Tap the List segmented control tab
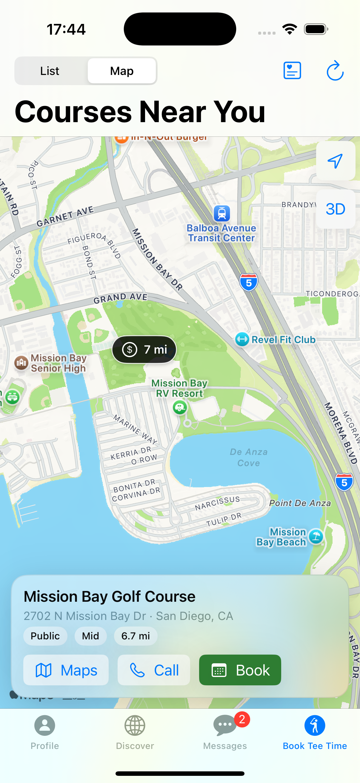(x=50, y=71)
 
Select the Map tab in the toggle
(x=122, y=71)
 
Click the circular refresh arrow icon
(x=335, y=71)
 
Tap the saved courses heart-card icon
(x=292, y=70)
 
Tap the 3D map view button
(x=336, y=209)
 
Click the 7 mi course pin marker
(x=144, y=350)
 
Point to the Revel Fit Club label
(x=283, y=340)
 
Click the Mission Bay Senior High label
(x=58, y=363)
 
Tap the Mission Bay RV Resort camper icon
(x=180, y=407)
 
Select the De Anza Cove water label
(x=248, y=457)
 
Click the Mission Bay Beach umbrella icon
(x=316, y=537)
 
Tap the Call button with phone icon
(x=154, y=670)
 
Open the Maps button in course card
(x=66, y=670)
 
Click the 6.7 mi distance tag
(x=136, y=636)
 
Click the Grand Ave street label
(x=120, y=298)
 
